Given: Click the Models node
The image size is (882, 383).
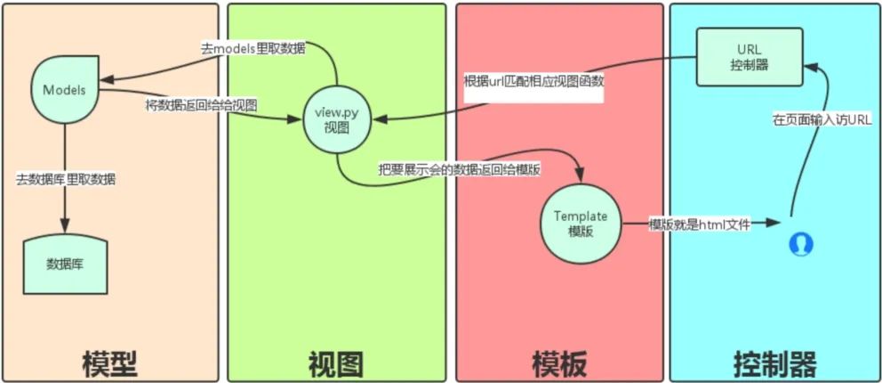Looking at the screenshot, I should click(64, 90).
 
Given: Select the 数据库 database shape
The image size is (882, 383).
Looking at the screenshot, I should click(64, 264).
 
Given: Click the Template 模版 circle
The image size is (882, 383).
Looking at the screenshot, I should click(580, 224).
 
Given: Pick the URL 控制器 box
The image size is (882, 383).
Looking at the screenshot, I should click(749, 59).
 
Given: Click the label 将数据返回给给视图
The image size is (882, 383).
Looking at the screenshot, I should click(202, 105).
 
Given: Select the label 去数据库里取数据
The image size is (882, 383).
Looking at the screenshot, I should click(68, 179).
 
